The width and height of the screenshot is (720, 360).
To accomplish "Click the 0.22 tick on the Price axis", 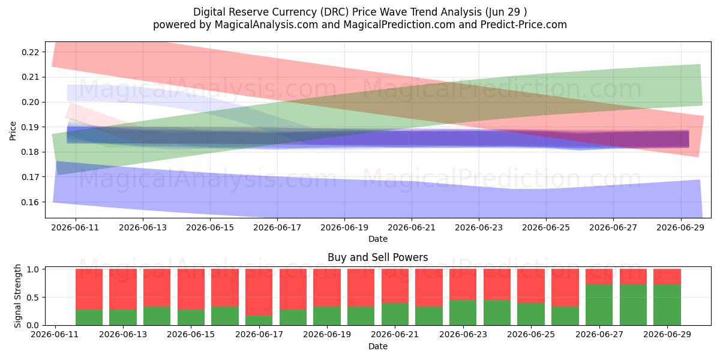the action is [30, 52].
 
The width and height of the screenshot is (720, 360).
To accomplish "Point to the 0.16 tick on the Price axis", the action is [30, 202].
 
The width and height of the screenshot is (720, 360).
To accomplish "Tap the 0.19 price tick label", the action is [30, 127].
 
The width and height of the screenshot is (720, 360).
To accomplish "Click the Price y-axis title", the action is [13, 131].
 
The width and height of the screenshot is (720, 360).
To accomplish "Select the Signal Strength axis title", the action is [17, 296].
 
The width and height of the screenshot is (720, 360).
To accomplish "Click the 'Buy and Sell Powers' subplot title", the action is [377, 257].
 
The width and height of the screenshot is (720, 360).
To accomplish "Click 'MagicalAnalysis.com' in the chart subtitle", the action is [266, 25].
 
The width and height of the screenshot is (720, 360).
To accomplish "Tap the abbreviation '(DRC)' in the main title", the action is [334, 12].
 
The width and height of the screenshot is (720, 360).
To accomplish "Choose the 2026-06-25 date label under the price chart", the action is [546, 227].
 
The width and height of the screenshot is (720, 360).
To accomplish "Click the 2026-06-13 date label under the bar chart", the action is [123, 334].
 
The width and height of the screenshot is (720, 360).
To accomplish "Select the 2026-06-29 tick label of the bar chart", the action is [667, 334].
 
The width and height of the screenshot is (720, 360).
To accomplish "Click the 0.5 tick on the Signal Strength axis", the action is [33, 298].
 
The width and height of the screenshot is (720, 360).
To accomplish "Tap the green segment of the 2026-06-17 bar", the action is [259, 320].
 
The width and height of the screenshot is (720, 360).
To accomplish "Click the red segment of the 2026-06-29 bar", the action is [667, 277].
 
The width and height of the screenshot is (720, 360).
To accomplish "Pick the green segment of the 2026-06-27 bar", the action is [599, 305].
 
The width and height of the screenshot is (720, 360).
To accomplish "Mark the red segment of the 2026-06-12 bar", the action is [89, 289].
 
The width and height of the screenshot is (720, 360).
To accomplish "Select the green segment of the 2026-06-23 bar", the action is [463, 313].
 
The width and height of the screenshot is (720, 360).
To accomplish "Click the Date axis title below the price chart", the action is [377, 239].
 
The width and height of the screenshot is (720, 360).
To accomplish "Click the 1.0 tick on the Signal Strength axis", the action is [33, 269].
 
